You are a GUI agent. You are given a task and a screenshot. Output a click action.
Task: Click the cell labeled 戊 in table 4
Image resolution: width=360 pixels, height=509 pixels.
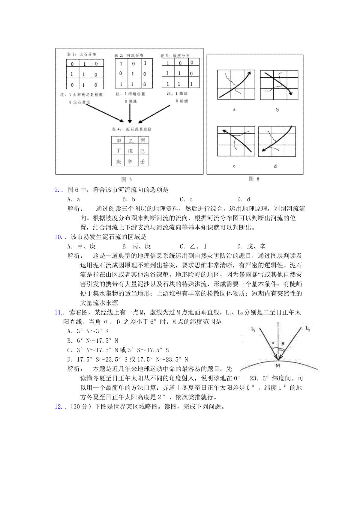(x=130, y=151)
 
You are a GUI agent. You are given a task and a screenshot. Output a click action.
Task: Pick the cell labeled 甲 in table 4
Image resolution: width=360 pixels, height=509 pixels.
(x=118, y=141)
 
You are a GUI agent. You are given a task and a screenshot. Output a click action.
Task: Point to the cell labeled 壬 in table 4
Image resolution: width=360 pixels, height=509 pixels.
(x=143, y=162)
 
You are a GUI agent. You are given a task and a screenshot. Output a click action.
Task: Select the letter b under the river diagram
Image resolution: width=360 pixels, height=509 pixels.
(x=277, y=110)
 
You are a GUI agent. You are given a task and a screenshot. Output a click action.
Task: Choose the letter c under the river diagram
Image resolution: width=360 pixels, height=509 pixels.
(x=234, y=166)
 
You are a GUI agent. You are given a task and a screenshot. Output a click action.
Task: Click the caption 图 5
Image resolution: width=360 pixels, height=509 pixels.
(x=126, y=180)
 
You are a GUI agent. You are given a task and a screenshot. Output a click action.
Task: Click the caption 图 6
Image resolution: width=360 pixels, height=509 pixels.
(x=254, y=179)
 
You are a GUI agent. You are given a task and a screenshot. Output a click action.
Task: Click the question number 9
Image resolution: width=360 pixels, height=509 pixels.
(x=57, y=190)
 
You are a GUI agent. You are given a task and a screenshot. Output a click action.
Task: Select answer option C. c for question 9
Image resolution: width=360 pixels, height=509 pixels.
(x=186, y=199)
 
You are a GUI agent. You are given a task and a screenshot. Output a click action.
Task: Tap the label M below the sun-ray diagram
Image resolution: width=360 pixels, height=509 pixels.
(x=278, y=365)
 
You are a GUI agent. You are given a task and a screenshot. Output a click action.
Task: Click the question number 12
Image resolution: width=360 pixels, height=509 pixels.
(x=58, y=407)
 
